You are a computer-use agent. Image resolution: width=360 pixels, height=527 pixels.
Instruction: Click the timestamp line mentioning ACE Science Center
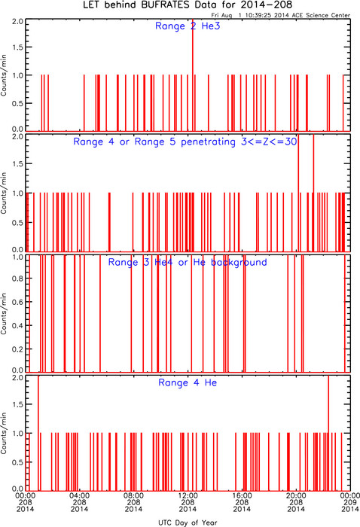click(281, 15)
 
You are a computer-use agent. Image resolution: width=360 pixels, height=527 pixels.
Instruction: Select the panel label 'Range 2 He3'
click(188, 26)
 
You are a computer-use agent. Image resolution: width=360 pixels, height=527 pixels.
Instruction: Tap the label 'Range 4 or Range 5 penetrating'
click(154, 142)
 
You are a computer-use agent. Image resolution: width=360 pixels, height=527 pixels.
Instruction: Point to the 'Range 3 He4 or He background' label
click(188, 262)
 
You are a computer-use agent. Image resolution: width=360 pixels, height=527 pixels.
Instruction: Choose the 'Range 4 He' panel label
click(188, 382)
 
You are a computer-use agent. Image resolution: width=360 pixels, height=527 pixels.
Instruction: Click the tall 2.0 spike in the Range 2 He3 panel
click(193, 75)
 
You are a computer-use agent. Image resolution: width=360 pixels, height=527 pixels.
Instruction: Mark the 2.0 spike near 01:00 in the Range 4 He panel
click(38, 433)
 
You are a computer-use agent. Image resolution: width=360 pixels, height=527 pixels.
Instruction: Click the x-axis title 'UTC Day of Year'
click(188, 522)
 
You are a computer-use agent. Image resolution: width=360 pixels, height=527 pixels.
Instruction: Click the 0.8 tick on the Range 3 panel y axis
click(18, 279)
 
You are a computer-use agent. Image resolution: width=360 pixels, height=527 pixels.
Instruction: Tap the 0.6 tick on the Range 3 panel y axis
click(18, 302)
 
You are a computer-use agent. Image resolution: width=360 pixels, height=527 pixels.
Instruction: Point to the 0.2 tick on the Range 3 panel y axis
click(18, 349)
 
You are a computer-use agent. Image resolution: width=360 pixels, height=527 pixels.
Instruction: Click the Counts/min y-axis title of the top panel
click(4, 75)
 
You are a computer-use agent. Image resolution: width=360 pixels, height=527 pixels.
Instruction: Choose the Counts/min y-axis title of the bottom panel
click(4, 433)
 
